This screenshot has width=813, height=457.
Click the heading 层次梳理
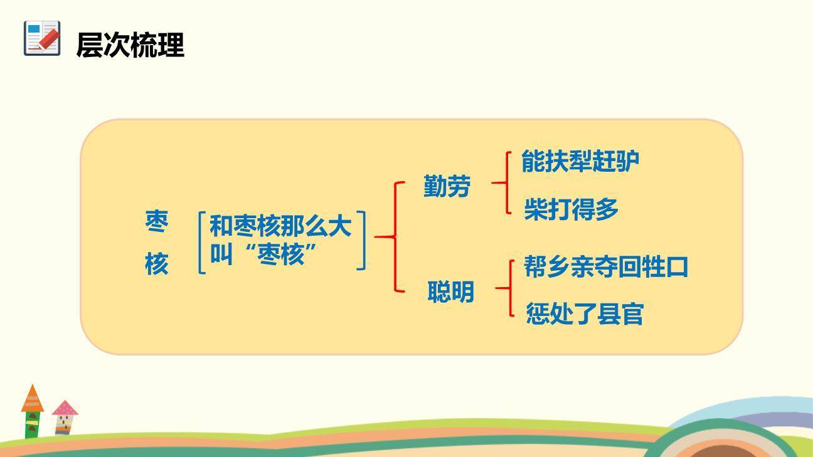tap(130, 45)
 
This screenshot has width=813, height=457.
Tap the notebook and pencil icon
tap(42, 38)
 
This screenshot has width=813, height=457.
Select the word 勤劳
tap(447, 186)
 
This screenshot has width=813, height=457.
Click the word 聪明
tap(450, 292)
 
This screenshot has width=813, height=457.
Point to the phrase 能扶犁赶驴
tap(580, 162)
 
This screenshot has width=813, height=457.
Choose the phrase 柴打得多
tap(571, 209)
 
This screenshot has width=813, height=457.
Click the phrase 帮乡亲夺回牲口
tap(606, 267)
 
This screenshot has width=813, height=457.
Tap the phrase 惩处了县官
tap(585, 313)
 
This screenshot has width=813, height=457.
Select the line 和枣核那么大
tap(280, 226)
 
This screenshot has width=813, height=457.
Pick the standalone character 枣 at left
tap(157, 221)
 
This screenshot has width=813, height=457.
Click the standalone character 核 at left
tap(157, 264)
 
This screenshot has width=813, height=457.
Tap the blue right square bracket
tap(361, 241)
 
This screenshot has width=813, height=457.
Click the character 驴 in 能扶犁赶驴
tap(627, 162)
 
